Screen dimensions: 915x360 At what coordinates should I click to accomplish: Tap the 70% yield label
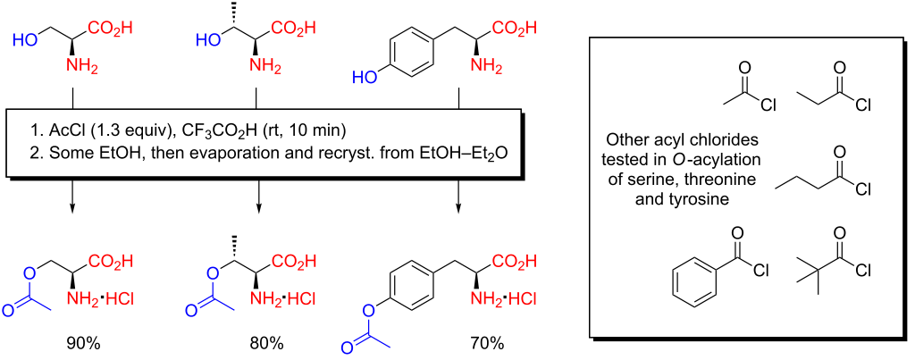(487, 343)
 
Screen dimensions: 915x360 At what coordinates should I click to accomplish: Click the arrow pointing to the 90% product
(71, 195)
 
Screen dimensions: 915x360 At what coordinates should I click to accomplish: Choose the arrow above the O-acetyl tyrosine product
(458, 195)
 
